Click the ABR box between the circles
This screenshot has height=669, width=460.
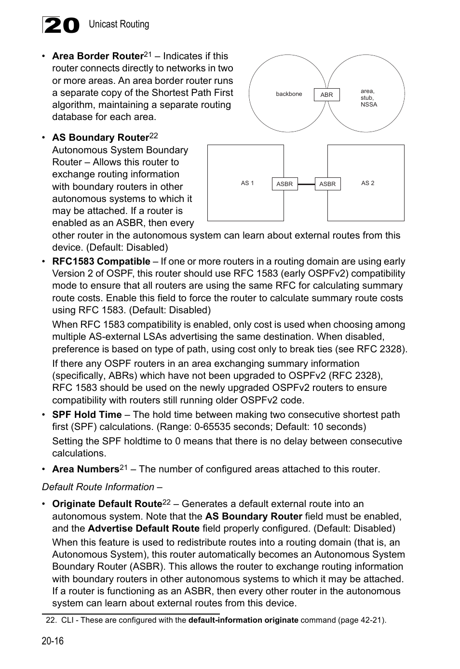326,95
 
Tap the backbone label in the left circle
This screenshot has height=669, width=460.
289,94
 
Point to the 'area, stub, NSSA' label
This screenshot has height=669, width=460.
368,98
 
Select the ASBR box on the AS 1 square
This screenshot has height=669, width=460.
284,184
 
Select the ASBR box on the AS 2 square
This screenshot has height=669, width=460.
327,184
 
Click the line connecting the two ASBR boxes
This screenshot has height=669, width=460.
306,184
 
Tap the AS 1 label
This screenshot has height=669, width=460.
247,183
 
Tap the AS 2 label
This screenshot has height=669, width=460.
367,183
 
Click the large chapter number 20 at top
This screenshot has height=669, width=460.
61,25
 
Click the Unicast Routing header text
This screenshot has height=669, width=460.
119,24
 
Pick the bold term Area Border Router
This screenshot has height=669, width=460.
98,56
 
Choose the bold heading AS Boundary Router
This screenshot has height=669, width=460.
100,138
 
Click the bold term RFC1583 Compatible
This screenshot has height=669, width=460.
101,262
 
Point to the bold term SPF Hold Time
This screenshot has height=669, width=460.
87,415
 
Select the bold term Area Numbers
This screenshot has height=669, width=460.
85,469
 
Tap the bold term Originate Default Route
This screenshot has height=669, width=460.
107,504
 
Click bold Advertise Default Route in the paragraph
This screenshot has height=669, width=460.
144,528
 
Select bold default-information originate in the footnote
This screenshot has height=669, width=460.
243,620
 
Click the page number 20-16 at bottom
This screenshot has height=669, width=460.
53,641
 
